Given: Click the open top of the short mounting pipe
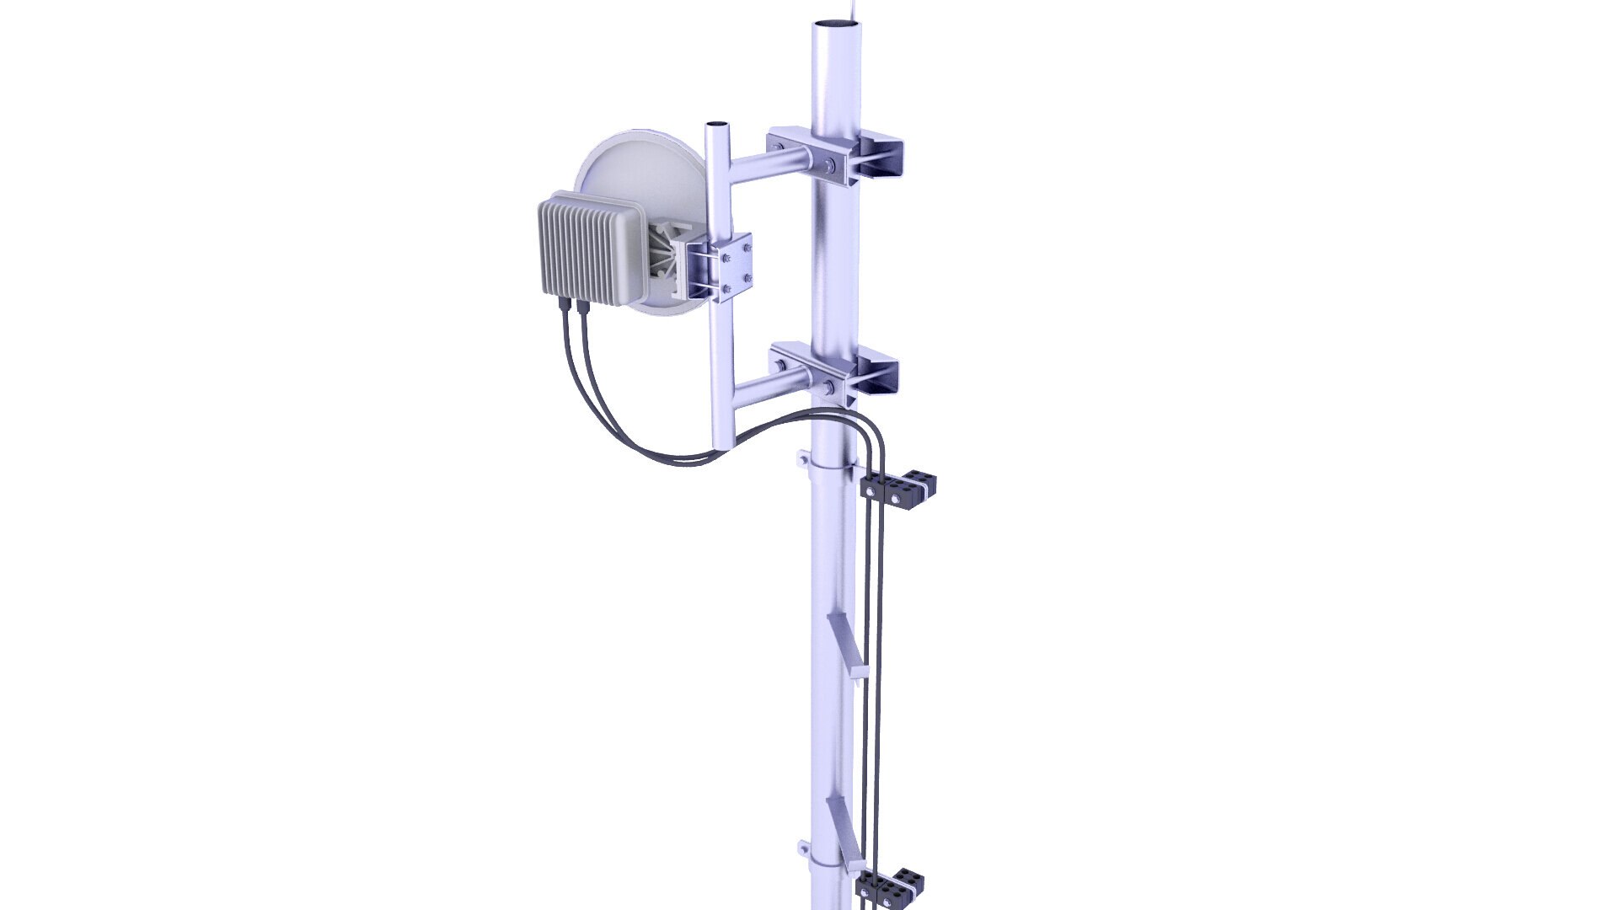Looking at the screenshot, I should pyautogui.click(x=717, y=125).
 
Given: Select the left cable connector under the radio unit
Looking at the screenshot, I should pyautogui.click(x=562, y=306).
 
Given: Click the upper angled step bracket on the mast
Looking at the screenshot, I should pyautogui.click(x=847, y=645).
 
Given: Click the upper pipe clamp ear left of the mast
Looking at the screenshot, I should pyautogui.click(x=804, y=460).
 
